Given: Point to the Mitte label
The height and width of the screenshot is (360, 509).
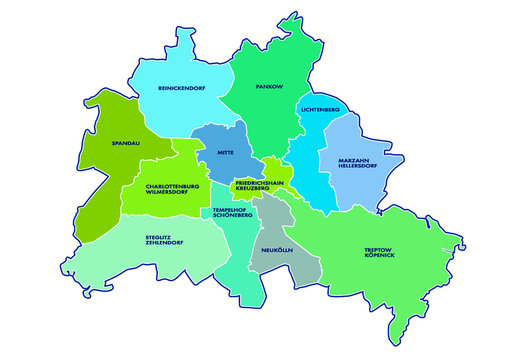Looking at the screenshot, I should pyautogui.click(x=225, y=153).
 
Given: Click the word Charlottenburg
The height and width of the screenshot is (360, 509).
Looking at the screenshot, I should pyautogui.click(x=172, y=185).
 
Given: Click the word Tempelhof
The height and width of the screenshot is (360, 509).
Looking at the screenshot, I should pyautogui.click(x=230, y=210).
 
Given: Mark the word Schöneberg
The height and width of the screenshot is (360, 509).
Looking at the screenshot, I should pyautogui.click(x=231, y=217).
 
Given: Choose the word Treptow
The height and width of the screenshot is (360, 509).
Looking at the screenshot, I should pyautogui.click(x=380, y=251).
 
